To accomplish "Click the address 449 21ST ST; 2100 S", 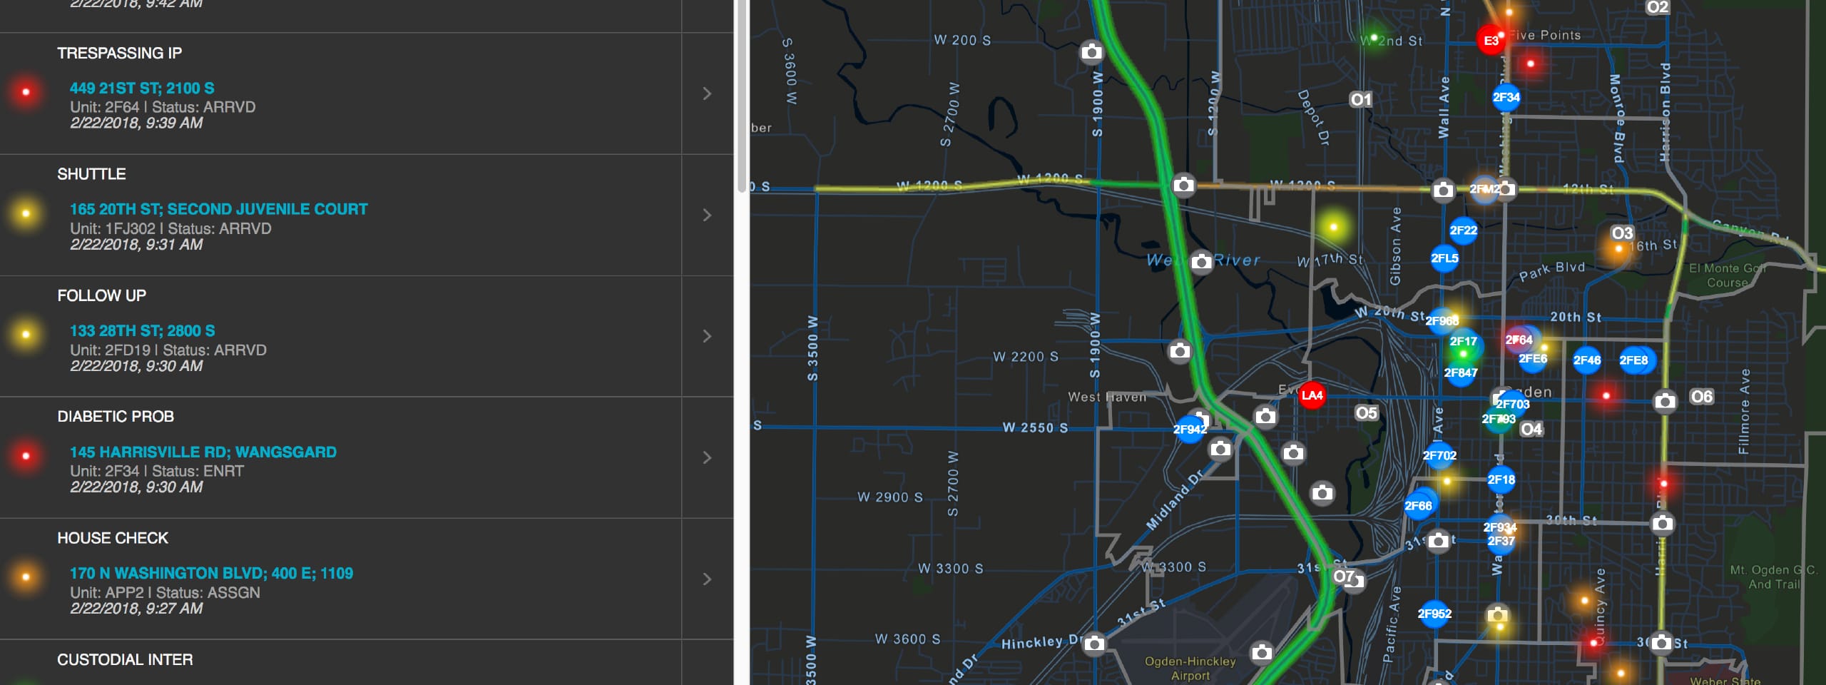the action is pyautogui.click(x=142, y=88).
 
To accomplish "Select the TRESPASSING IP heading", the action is pyautogui.click(x=119, y=54).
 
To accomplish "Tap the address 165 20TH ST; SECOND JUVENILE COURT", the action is pyautogui.click(x=218, y=209).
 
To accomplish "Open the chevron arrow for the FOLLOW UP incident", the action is pyautogui.click(x=707, y=336).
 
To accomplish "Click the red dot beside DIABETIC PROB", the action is pyautogui.click(x=26, y=456).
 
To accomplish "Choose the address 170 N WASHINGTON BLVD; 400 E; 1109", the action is pyautogui.click(x=211, y=573).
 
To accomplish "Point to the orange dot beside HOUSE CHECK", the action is pyautogui.click(x=26, y=577).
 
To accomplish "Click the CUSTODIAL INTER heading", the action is pyautogui.click(x=125, y=659).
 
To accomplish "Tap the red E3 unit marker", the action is pyautogui.click(x=1491, y=41).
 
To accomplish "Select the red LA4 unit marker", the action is pyautogui.click(x=1312, y=395).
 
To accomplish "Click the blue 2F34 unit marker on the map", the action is pyautogui.click(x=1506, y=97).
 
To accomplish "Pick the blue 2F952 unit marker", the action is pyautogui.click(x=1434, y=614).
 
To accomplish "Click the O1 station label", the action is pyautogui.click(x=1360, y=99).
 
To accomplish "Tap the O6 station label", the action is pyautogui.click(x=1701, y=397).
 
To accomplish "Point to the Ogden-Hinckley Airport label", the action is pyautogui.click(x=1190, y=669).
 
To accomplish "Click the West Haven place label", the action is pyautogui.click(x=1106, y=397).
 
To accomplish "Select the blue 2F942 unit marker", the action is pyautogui.click(x=1190, y=429).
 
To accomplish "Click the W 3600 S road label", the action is pyautogui.click(x=907, y=639).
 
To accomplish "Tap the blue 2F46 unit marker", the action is pyautogui.click(x=1586, y=360).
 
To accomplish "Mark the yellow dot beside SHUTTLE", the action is pyautogui.click(x=26, y=213).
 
